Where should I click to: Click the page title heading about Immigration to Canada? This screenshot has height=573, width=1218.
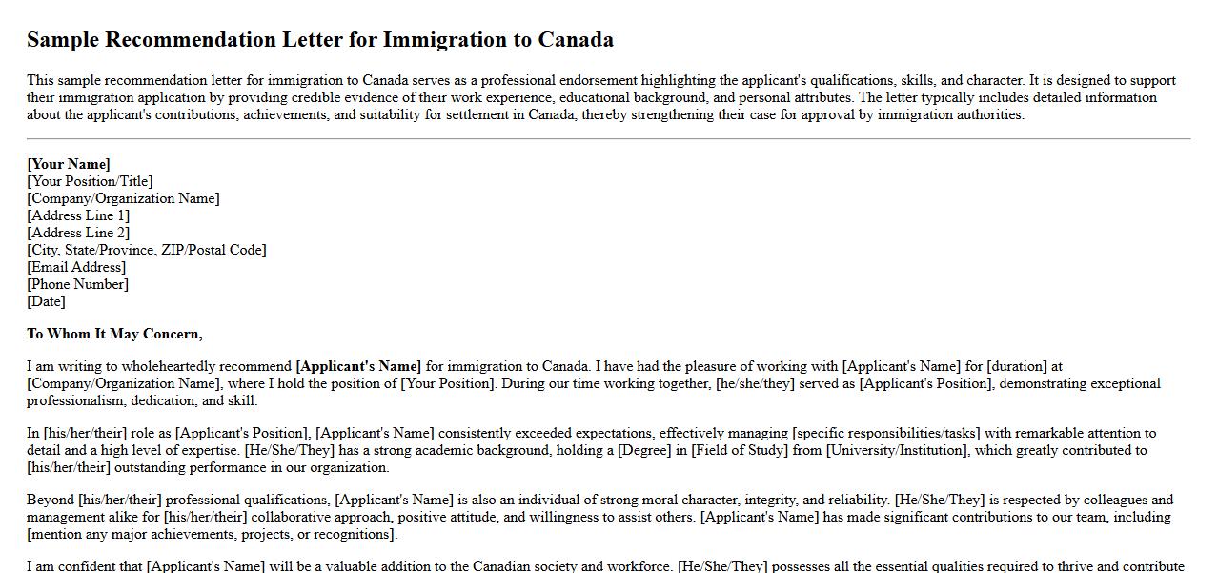pyautogui.click(x=320, y=40)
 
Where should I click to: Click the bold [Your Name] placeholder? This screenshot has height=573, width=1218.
pyautogui.click(x=69, y=164)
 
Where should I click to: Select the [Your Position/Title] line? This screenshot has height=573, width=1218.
pyautogui.click(x=90, y=181)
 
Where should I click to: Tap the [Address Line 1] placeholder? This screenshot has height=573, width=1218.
pyautogui.click(x=78, y=215)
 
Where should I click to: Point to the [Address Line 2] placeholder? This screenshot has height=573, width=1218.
pyautogui.click(x=78, y=233)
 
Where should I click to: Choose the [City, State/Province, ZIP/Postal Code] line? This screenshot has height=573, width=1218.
pyautogui.click(x=147, y=250)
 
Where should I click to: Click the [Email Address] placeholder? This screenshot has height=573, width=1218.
pyautogui.click(x=76, y=267)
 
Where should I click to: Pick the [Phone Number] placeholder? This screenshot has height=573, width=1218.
pyautogui.click(x=77, y=284)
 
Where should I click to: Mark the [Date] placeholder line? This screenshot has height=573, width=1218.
pyautogui.click(x=46, y=301)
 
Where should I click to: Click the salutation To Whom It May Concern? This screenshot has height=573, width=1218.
pyautogui.click(x=114, y=334)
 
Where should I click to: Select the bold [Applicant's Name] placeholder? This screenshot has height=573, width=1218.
pyautogui.click(x=358, y=366)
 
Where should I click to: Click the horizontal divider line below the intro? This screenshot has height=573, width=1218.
pyautogui.click(x=609, y=139)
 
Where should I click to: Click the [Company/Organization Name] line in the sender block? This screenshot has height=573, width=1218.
pyautogui.click(x=123, y=198)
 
